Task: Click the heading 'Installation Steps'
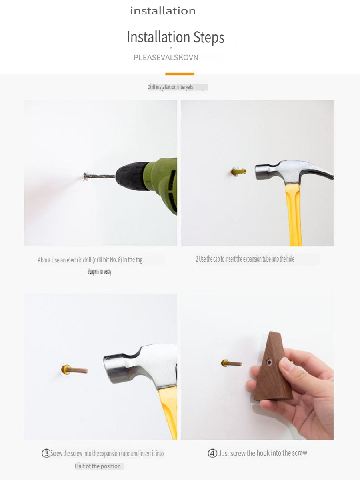click(176, 38)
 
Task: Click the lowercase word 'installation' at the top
click(163, 11)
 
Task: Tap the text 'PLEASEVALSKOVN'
click(166, 58)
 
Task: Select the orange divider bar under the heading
click(180, 74)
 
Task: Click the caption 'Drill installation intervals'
click(170, 87)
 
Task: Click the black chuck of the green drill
click(132, 176)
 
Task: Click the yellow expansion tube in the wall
click(238, 172)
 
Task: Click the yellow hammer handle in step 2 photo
click(294, 216)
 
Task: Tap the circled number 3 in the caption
click(46, 454)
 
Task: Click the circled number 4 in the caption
click(212, 453)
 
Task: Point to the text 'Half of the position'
click(98, 466)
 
